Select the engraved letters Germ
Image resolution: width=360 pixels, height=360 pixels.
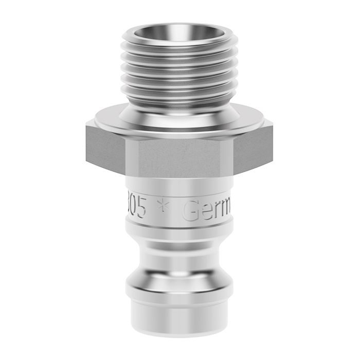[208, 210]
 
